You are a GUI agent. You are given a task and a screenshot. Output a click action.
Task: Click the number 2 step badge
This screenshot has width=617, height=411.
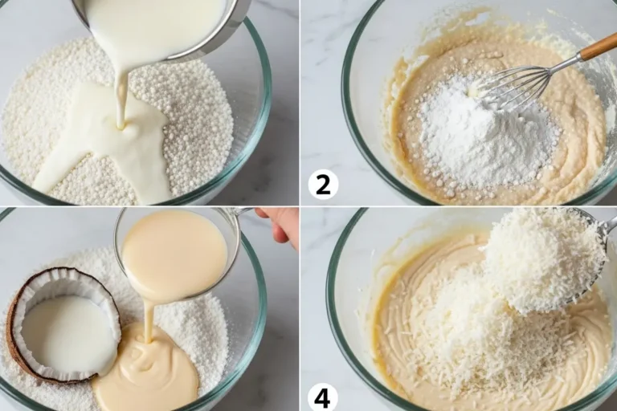click(323, 185)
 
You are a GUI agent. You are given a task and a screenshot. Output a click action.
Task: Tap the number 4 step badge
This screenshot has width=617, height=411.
click(322, 397)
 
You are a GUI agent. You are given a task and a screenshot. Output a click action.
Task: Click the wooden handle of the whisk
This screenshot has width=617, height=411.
click(598, 48)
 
